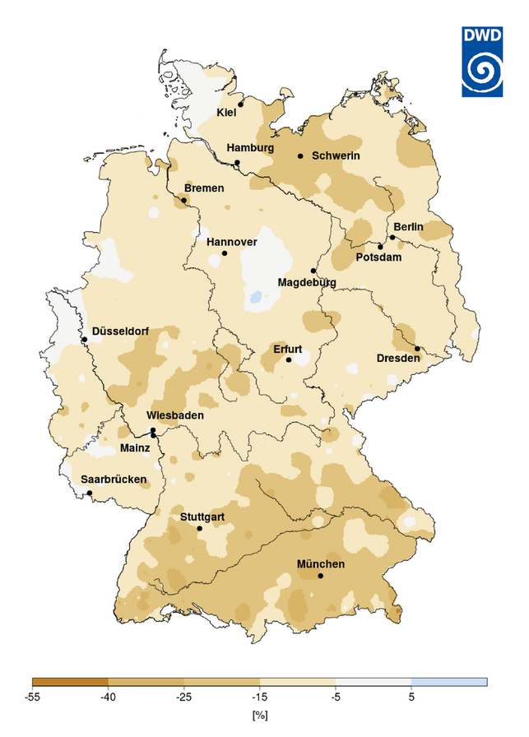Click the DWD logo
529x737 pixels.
(485, 59)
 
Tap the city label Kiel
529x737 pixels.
(226, 112)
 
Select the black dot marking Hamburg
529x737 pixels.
(237, 162)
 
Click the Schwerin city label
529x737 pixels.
(336, 155)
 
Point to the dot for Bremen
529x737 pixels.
(184, 200)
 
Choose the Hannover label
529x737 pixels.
(232, 242)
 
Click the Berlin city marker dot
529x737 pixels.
(392, 238)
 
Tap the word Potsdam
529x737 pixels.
(378, 257)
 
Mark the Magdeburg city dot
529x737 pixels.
(313, 271)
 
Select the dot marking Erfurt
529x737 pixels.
(289, 359)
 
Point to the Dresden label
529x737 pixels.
(398, 358)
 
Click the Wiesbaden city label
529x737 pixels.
(175, 415)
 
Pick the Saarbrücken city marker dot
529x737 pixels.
(90, 493)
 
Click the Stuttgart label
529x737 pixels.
(202, 517)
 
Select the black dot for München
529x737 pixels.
(321, 576)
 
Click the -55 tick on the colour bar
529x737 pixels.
(33, 696)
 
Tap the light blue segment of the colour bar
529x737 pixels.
(449, 682)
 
